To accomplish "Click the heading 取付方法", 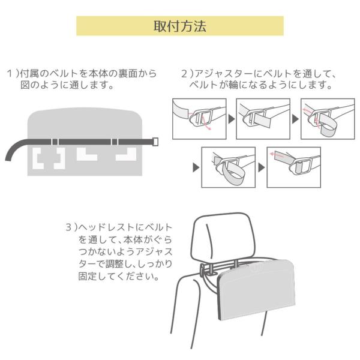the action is [180, 26].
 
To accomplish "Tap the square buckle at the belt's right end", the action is [155, 142].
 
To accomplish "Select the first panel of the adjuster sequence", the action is [199, 119].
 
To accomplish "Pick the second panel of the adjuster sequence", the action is [263, 119].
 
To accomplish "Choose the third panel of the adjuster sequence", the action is [328, 119].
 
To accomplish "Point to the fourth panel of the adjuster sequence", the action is [229, 167].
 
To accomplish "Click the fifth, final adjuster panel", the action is [293, 167].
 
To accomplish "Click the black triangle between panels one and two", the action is [232, 119].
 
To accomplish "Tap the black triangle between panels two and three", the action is [295, 119].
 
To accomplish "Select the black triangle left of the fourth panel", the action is [196, 167].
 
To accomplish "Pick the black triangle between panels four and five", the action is [261, 167].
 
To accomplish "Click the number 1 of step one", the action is [10, 74].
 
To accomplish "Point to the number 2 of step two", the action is [184, 74].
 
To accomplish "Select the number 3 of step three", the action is [69, 227].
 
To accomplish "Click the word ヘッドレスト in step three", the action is [106, 227].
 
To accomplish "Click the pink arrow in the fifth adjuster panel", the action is [277, 155].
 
